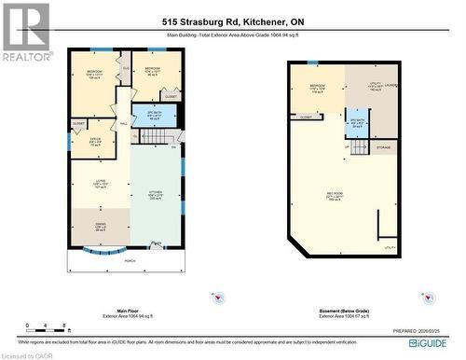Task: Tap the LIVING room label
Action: point(102,183)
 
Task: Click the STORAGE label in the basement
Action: point(383,147)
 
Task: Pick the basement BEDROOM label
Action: point(317,90)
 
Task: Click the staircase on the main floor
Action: point(156,137)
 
